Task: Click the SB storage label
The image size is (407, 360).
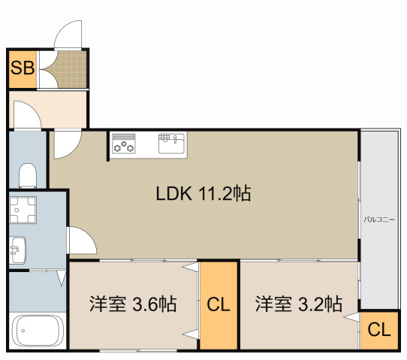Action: pos(23,68)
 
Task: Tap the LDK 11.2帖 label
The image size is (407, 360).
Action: pos(203,193)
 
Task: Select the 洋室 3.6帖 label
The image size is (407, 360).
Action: pos(133,304)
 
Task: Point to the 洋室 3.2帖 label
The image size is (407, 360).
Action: pos(299,304)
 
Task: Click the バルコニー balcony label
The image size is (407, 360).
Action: pos(378,219)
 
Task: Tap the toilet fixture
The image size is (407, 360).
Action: pos(28,175)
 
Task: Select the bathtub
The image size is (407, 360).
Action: pos(38,331)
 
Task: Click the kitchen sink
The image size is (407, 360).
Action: pos(171,144)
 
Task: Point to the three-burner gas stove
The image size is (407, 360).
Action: pos(124,144)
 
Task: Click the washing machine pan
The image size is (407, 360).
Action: pos(23,210)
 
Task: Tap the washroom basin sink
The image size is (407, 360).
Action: pos(18,250)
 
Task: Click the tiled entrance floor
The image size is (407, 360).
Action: pos(72,69)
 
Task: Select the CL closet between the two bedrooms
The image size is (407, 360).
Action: pos(219,305)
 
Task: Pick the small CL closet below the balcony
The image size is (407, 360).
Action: pos(379,330)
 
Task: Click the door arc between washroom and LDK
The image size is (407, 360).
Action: pos(89,235)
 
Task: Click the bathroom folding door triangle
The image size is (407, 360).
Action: pos(62,278)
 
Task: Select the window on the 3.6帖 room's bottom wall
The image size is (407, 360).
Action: pos(138,351)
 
